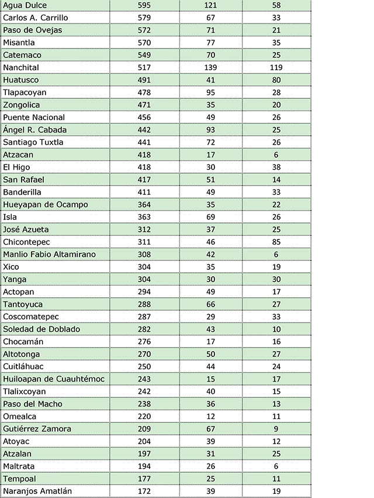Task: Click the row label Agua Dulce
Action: [x=25, y=5]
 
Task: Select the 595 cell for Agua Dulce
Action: [x=144, y=5]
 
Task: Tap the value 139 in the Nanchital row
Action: [x=211, y=67]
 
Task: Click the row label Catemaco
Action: [x=22, y=55]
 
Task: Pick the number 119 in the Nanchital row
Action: [x=276, y=67]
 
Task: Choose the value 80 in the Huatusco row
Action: [x=276, y=80]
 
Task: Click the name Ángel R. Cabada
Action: [x=35, y=129]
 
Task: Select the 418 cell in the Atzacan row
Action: [x=144, y=154]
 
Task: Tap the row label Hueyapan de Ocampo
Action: [x=46, y=204]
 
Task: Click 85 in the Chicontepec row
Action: [x=276, y=242]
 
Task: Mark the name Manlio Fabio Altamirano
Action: [x=49, y=254]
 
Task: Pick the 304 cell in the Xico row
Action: [x=144, y=267]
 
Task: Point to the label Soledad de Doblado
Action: [x=41, y=329]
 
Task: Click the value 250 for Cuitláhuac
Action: [x=144, y=366]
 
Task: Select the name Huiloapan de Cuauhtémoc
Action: [x=54, y=379]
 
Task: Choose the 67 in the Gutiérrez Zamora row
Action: [x=211, y=428]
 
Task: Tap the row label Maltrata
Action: [x=19, y=466]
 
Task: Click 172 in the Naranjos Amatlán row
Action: [x=144, y=491]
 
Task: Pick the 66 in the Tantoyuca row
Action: [x=211, y=304]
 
